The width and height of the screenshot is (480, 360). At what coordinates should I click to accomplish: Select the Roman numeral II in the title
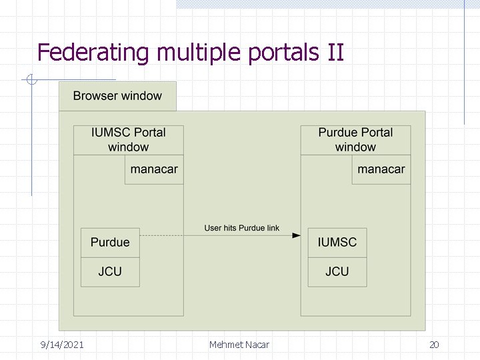(336, 52)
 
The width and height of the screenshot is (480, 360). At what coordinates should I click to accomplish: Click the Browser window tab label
(117, 96)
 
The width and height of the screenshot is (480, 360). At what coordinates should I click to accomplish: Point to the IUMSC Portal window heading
(129, 139)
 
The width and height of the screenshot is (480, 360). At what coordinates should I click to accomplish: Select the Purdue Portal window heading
(355, 139)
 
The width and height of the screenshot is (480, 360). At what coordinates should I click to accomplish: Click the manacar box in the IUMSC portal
(154, 169)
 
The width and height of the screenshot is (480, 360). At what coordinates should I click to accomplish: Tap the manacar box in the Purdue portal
(381, 169)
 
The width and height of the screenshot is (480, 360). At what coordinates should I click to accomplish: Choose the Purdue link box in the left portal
(110, 242)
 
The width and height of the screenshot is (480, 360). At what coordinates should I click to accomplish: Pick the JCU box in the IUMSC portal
(110, 271)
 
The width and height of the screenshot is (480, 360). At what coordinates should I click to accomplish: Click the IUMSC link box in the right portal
(337, 242)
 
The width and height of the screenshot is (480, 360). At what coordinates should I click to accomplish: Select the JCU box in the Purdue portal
(337, 271)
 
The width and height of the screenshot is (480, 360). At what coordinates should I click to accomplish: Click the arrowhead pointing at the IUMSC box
(297, 235)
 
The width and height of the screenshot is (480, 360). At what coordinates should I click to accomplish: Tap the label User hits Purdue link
(241, 228)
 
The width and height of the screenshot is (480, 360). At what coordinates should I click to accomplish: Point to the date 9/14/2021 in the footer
(62, 345)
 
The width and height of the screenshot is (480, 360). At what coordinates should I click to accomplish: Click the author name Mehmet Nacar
(239, 345)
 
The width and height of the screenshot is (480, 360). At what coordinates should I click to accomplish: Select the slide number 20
(434, 345)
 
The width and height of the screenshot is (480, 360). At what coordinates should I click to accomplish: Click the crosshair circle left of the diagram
(31, 81)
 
